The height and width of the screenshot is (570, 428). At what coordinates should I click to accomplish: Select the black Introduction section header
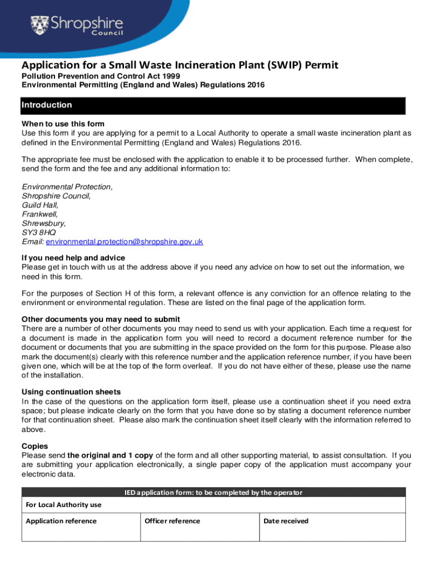[x=213, y=105]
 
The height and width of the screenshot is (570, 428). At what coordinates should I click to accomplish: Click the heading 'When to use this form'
[x=63, y=124]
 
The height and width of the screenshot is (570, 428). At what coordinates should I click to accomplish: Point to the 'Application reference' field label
[x=61, y=521]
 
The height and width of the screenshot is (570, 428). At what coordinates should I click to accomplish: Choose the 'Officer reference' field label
[x=172, y=521]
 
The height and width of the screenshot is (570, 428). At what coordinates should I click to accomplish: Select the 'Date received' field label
[x=286, y=521]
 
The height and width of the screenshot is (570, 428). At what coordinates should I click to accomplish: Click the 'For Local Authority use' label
[x=64, y=505]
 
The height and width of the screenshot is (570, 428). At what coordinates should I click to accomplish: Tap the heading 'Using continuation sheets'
[x=71, y=392]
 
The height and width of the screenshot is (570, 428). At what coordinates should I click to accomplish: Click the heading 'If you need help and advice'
[x=73, y=258]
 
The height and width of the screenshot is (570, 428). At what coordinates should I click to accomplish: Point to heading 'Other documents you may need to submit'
[x=101, y=319]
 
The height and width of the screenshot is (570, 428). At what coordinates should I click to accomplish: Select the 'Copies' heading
[x=34, y=446]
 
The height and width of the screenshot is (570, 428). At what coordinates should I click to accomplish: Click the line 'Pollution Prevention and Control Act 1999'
[x=101, y=76]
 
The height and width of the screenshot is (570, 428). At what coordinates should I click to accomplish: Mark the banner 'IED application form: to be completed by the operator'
[x=213, y=492]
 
